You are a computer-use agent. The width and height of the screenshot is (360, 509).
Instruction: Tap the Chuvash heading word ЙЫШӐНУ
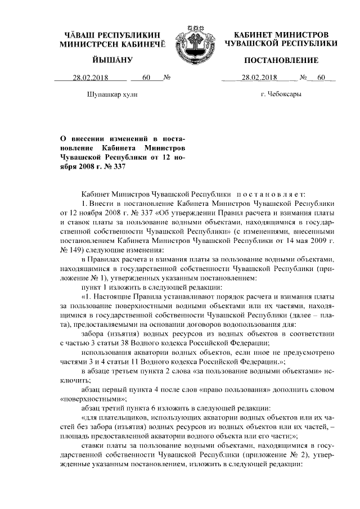(112, 60)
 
